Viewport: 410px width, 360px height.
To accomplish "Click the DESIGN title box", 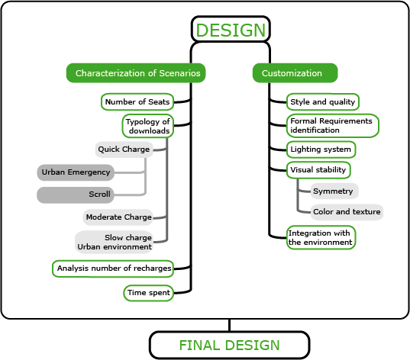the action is [x=231, y=29].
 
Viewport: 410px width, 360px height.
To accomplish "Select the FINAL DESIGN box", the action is [x=229, y=345].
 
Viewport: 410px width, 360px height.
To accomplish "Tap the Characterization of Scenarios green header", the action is [x=136, y=73].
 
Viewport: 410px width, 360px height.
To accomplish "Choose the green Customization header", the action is [x=295, y=73].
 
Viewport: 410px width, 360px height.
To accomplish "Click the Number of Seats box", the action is [x=137, y=101].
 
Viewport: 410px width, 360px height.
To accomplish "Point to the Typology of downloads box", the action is [x=148, y=126].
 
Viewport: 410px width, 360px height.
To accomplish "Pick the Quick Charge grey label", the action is [x=124, y=149].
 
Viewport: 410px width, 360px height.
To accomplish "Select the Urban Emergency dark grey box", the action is [x=76, y=172].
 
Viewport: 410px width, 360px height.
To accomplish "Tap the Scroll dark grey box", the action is [x=76, y=195].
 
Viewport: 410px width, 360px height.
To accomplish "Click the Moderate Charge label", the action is [x=118, y=217].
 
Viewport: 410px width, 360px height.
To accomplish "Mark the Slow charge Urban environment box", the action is [x=114, y=243].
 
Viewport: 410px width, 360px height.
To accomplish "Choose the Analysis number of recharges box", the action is [x=113, y=268].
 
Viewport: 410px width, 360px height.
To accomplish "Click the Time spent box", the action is [x=149, y=293].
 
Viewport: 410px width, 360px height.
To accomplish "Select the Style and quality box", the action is [x=323, y=101].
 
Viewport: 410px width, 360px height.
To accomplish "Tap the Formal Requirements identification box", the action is [x=333, y=126].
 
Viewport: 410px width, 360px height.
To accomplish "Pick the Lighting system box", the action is [x=321, y=149].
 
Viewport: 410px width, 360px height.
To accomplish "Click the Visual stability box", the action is [x=318, y=170].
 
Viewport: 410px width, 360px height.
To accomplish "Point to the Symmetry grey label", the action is [x=334, y=191].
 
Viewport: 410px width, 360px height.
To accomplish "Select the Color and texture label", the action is [x=347, y=212].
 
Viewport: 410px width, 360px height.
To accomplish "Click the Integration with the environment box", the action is [x=321, y=237].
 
